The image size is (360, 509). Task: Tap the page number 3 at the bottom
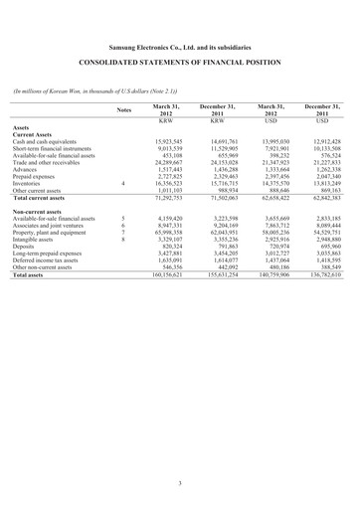tap(180, 484)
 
